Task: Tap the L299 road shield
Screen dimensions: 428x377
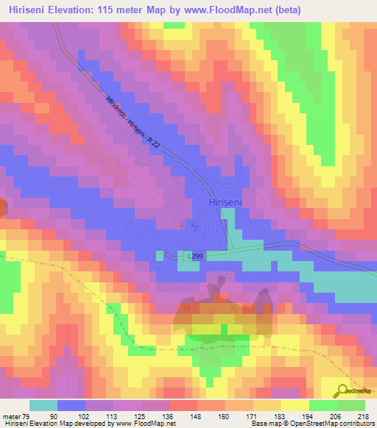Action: point(194,255)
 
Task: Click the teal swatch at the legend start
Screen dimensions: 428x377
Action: point(43,405)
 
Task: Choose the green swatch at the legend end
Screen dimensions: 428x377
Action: point(351,405)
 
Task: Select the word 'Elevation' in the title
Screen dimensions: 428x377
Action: point(80,10)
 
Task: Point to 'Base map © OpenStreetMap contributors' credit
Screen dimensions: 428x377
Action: point(311,423)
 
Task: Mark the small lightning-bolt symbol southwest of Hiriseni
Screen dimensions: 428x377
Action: point(192,225)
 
